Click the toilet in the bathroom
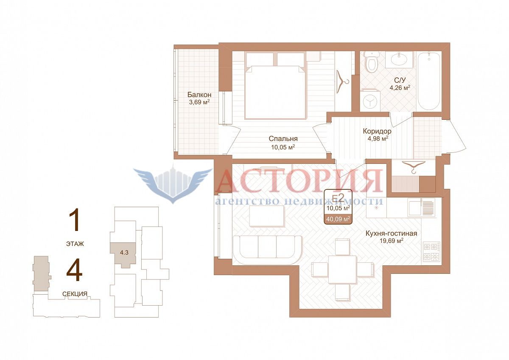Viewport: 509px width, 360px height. click(372, 62)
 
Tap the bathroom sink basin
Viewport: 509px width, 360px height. click(402, 59)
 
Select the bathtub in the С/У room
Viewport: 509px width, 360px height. click(429, 82)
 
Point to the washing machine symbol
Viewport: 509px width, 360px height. click(370, 101)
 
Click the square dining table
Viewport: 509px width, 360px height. click(342, 269)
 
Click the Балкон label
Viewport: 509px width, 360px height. click(199, 95)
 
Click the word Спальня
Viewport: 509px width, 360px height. click(283, 139)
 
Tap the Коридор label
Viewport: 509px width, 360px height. click(377, 131)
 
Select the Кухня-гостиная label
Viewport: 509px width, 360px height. click(391, 233)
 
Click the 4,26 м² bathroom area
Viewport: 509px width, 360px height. click(400, 87)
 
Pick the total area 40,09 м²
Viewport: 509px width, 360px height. click(338, 219)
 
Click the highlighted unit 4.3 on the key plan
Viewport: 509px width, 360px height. click(124, 253)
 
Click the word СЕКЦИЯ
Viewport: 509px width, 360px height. click(75, 294)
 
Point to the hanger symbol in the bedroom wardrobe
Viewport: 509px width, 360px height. click(342, 82)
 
